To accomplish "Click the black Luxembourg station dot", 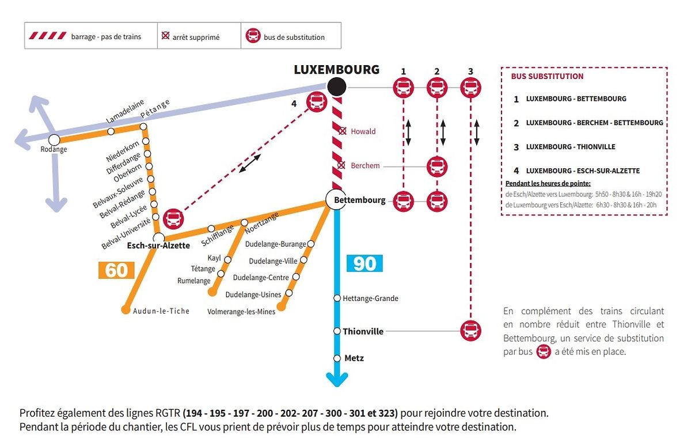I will (336, 88).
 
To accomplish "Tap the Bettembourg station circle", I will (335, 200).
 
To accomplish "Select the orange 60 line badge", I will (116, 270).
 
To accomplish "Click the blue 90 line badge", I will (365, 263).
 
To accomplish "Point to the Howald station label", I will (363, 131).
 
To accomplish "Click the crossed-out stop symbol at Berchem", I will (341, 166).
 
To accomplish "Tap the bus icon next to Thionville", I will (470, 331).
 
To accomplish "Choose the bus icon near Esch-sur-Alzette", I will (173, 218).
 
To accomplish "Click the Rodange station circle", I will (54, 139).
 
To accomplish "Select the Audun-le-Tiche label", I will (161, 311).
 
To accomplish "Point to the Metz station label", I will (354, 358).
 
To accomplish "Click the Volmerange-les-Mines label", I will (241, 312).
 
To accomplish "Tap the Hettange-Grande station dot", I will (337, 298).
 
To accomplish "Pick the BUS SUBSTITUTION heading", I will (547, 76).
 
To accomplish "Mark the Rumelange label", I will (194, 281).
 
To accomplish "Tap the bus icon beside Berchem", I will (437, 167).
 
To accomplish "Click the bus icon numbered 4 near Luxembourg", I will (316, 102).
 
